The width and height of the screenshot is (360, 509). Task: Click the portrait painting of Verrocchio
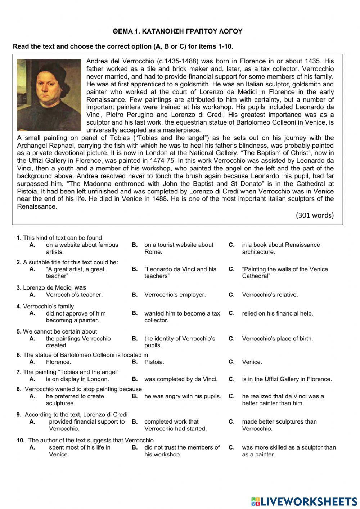click(x=49, y=95)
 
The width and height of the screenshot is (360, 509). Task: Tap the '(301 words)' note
click(x=315, y=215)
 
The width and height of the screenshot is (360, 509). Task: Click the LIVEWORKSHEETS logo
click(x=304, y=501)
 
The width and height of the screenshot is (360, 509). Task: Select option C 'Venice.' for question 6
click(x=252, y=362)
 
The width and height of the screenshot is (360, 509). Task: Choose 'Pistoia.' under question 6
click(x=154, y=362)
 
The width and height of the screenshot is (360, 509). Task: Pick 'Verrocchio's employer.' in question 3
click(x=175, y=295)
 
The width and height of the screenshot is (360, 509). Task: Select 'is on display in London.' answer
click(x=77, y=379)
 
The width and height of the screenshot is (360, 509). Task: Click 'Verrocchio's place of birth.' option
click(x=277, y=339)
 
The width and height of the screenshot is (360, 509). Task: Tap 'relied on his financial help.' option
click(x=277, y=313)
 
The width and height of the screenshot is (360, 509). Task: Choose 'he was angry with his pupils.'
click(x=183, y=396)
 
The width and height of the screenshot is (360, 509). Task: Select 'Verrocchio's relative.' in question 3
click(x=270, y=295)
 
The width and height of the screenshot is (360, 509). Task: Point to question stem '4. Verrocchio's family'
click(x=45, y=307)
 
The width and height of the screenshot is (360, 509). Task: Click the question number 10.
click(x=20, y=440)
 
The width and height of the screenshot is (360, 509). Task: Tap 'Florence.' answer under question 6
click(x=58, y=362)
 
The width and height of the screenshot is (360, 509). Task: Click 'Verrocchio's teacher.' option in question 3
click(x=74, y=295)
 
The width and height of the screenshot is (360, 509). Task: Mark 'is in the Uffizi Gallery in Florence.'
click(x=287, y=379)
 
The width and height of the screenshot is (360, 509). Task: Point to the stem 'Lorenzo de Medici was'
click(x=51, y=288)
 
